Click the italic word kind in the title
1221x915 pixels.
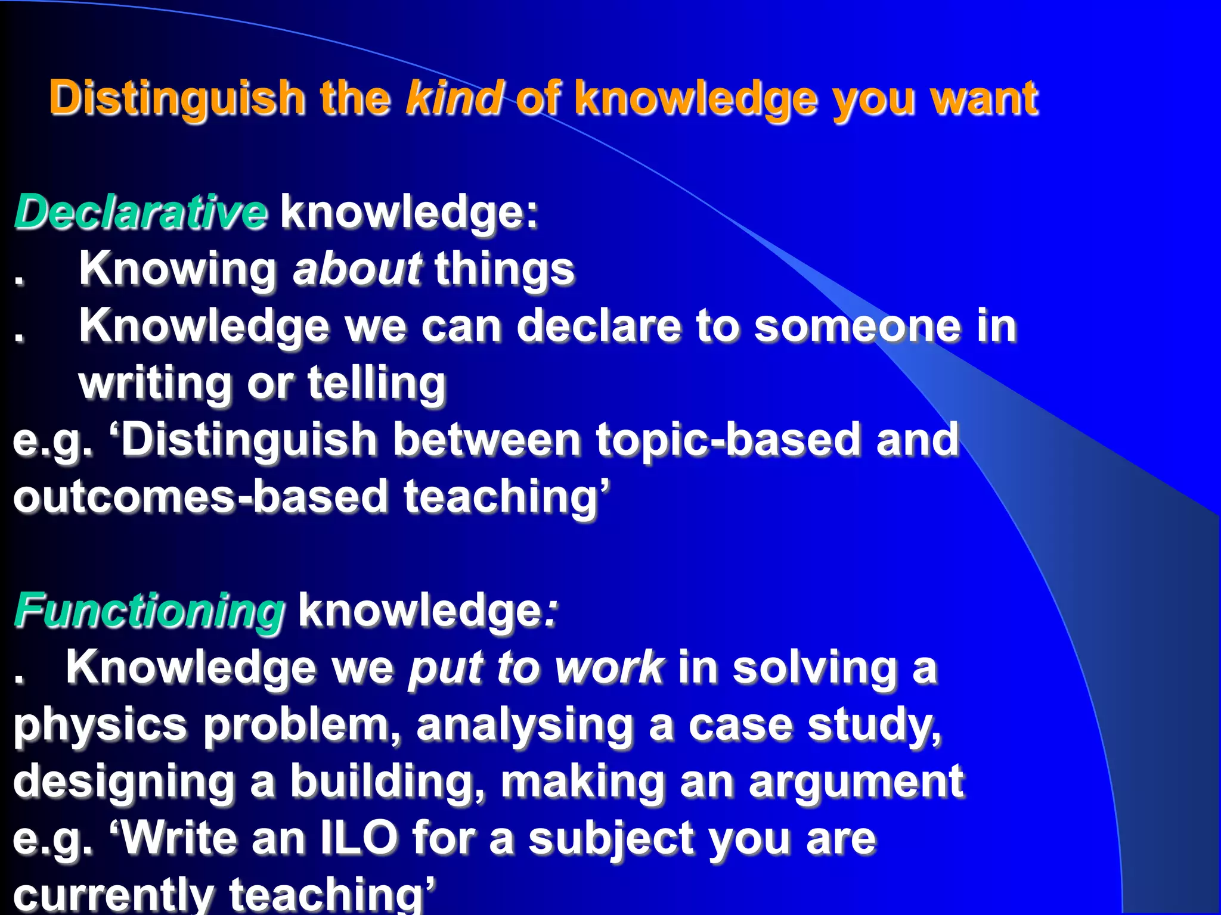coord(454,98)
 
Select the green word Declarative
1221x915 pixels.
coord(141,212)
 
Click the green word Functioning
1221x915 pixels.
coord(150,611)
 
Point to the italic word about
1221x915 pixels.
coord(357,269)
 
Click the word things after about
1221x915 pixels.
coord(504,270)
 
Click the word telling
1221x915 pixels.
coord(377,384)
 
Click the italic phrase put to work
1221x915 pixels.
coord(535,668)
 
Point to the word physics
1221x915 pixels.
coord(100,726)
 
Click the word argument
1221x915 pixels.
coord(856,782)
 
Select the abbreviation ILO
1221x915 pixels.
coord(360,838)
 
